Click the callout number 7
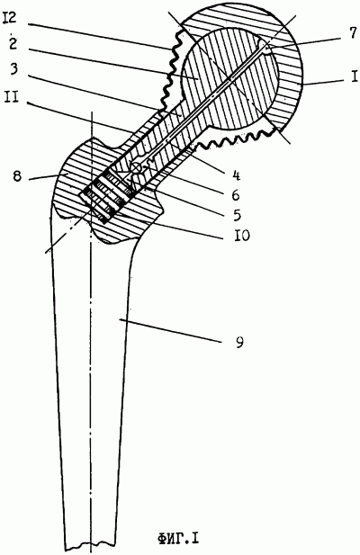(x=353, y=33)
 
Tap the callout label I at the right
(x=355, y=76)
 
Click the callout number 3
(x=13, y=70)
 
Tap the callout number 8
(x=17, y=176)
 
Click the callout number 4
(x=237, y=175)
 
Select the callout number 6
(x=236, y=194)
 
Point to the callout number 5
(x=237, y=214)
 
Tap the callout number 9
(x=239, y=343)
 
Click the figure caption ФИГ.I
(x=178, y=540)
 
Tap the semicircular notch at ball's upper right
(x=265, y=48)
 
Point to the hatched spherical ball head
(x=230, y=79)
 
